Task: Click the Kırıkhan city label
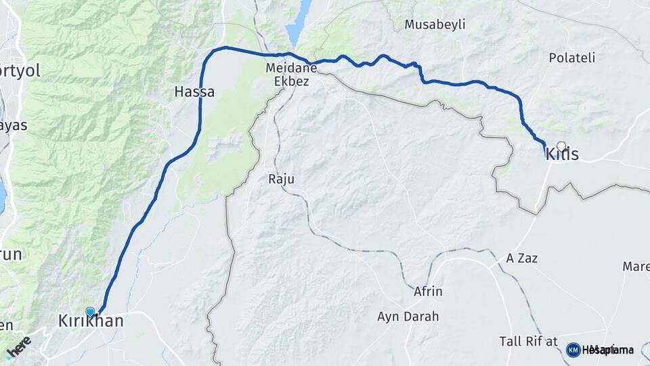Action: pos(91,321)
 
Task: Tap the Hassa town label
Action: pos(194,91)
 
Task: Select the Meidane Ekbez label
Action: pos(288,75)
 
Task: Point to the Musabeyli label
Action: pos(435,25)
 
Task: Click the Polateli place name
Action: pos(572,58)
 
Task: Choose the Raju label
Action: pos(282,179)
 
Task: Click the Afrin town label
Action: pos(428,291)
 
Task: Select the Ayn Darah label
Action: pos(408,316)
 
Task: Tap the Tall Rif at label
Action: pos(528,340)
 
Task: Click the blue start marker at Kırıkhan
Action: pos(90,312)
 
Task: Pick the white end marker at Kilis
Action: pos(561,145)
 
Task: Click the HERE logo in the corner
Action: pos(19,347)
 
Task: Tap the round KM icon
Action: pos(573,350)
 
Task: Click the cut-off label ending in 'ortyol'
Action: pos(20,70)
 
